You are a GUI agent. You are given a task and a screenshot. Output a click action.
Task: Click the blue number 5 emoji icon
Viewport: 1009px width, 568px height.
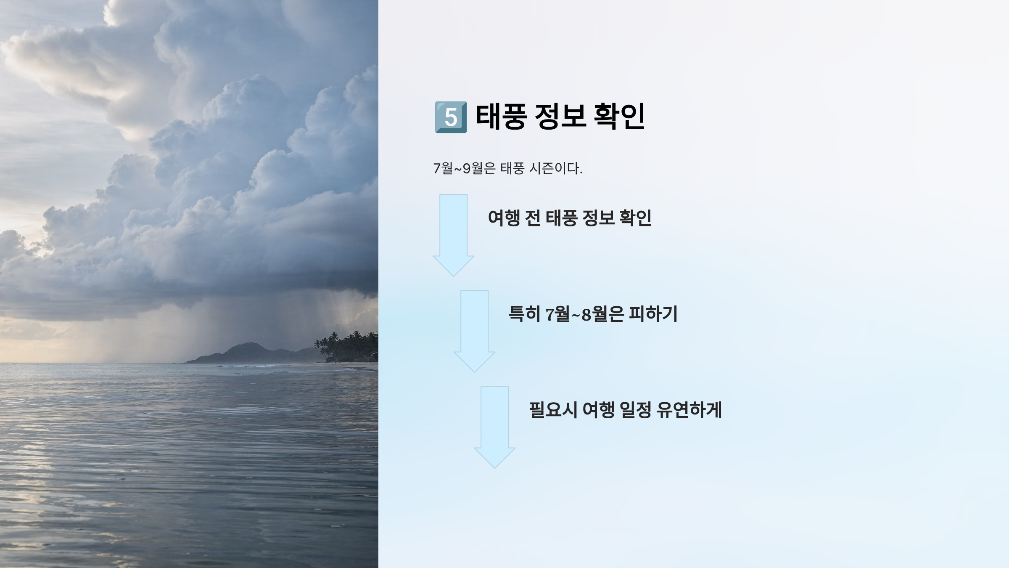(451, 117)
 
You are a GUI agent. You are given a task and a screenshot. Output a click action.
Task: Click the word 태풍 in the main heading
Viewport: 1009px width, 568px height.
(501, 117)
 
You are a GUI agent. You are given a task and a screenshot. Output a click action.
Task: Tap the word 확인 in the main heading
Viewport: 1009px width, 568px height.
(619, 117)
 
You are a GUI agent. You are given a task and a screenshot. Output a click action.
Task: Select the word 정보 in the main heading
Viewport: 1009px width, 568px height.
(560, 117)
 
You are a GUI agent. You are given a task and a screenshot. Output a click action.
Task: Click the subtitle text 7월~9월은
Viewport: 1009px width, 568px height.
(465, 168)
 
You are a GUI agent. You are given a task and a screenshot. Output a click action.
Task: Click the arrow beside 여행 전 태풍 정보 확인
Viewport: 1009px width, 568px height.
(454, 235)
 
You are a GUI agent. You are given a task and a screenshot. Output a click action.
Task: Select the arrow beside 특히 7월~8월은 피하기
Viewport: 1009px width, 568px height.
(475, 331)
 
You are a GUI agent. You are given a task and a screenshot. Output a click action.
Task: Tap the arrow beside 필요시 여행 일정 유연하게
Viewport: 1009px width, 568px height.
(495, 427)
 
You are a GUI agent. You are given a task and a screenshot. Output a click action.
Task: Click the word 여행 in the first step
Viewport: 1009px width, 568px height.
(504, 218)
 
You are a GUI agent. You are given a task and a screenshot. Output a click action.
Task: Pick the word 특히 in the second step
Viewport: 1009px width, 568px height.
(524, 314)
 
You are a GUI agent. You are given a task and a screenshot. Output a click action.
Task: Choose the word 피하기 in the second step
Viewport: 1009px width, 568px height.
(653, 314)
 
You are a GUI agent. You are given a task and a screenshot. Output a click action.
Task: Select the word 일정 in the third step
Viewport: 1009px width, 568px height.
(636, 410)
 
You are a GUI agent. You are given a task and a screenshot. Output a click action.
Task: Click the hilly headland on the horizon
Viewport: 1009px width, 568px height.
(248, 353)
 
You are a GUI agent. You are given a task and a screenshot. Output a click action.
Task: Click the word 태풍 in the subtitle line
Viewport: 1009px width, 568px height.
(512, 168)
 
